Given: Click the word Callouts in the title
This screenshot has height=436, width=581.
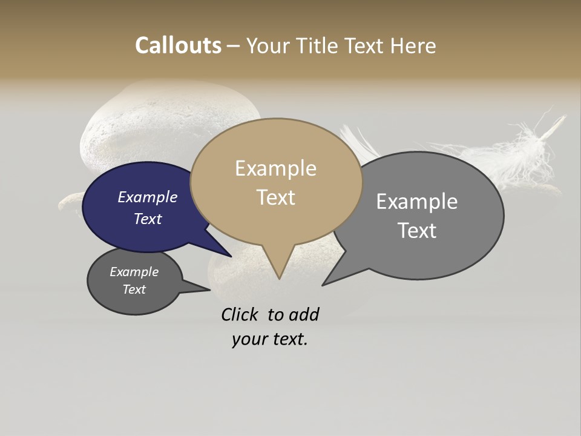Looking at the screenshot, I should pos(178,45).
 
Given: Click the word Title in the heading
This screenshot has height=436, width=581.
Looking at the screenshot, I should pos(319,45).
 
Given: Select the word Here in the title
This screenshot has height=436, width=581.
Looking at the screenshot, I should pos(412,45).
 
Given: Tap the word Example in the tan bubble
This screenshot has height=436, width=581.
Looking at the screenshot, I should pos(275,168).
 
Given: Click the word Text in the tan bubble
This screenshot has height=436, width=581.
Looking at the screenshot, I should pos(275,197).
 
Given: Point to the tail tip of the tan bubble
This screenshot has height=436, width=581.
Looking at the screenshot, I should pos(278,277).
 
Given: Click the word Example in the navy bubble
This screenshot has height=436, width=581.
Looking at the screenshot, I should pos(147,197).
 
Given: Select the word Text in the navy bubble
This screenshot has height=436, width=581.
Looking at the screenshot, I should pos(147,219).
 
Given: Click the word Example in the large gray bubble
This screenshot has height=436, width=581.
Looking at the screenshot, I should pos(416,202).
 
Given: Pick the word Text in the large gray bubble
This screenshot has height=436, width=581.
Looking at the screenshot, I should pos(416,231).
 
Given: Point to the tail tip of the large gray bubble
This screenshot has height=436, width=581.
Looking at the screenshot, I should pos(325,283).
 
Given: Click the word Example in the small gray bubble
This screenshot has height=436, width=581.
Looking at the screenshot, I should pos(134,272).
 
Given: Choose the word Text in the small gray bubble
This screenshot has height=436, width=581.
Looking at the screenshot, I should pos(134,289).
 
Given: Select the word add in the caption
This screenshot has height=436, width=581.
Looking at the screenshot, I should pos(303,314).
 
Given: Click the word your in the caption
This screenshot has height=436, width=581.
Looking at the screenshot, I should pos(248,339).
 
